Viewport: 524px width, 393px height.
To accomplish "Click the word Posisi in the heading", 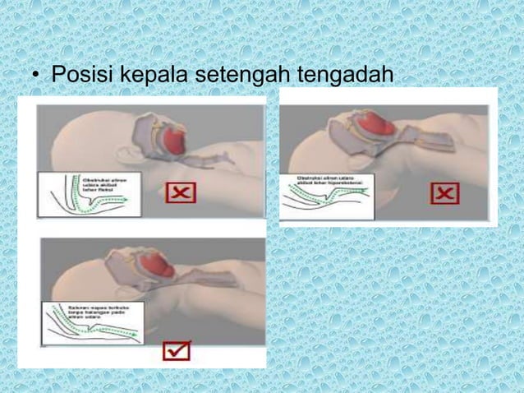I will (82, 76).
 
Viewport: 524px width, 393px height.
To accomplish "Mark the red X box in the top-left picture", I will (181, 192).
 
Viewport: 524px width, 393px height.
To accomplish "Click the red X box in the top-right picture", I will (445, 193).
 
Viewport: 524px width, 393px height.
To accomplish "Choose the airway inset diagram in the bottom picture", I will (90, 322).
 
